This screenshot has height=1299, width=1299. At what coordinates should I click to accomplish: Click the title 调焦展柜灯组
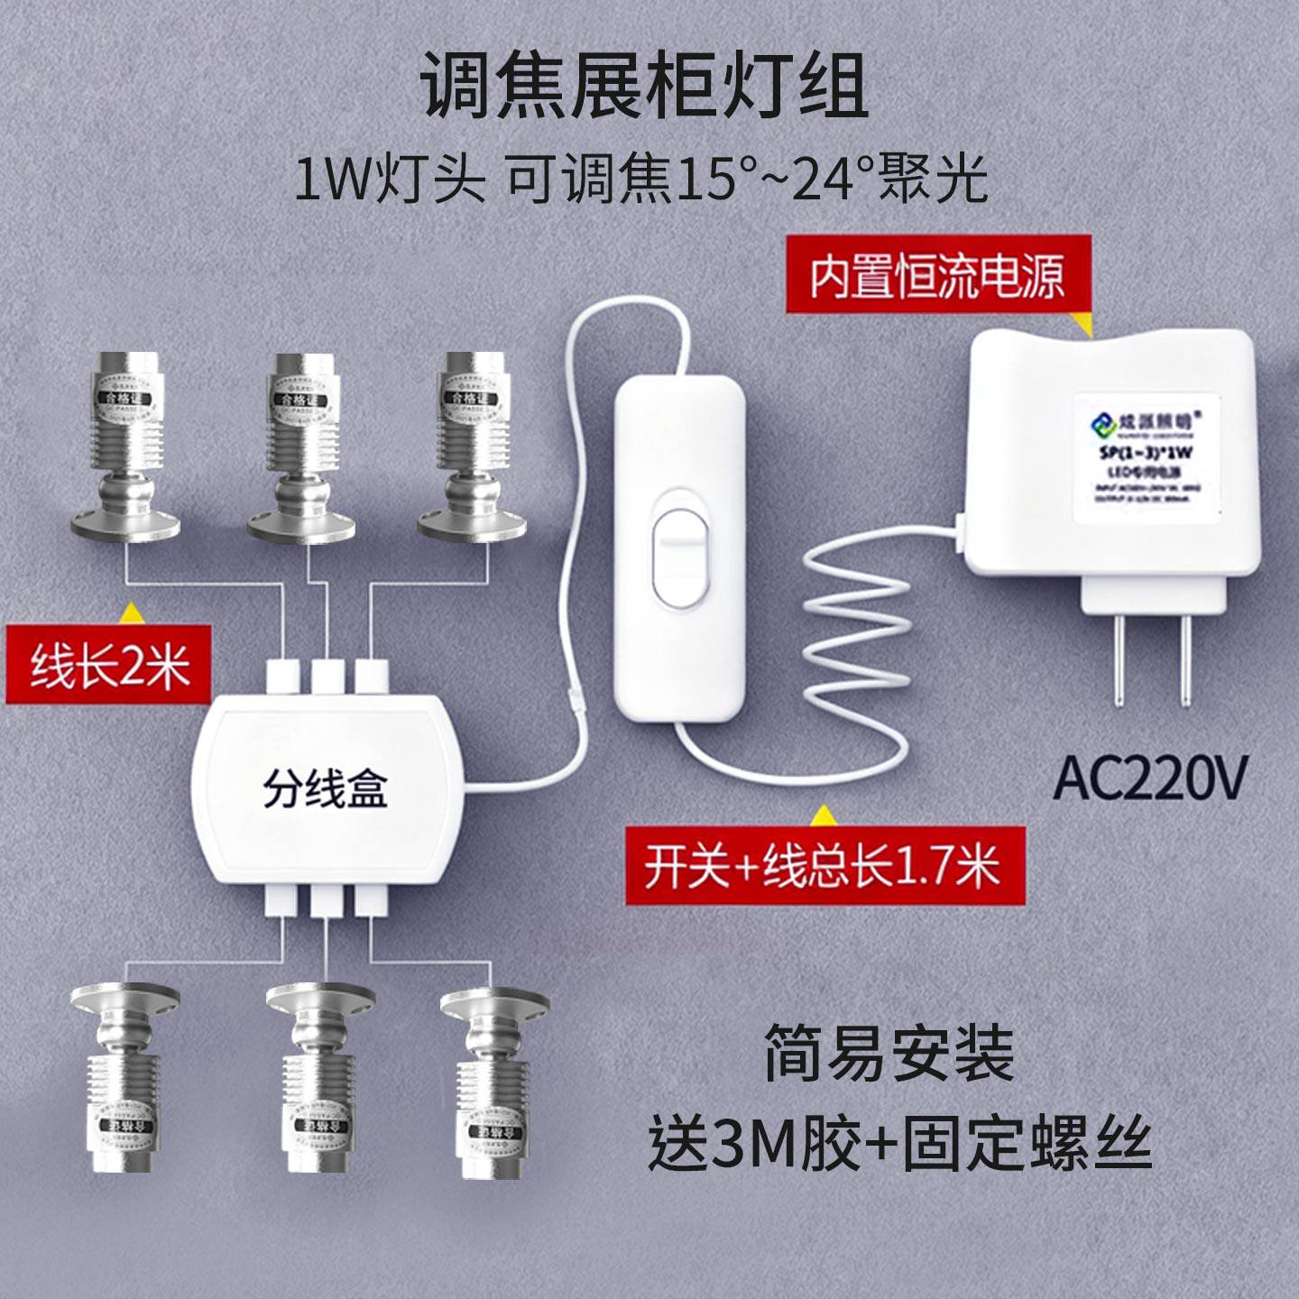(646, 88)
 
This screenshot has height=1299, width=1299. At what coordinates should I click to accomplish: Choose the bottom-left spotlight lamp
(124, 1077)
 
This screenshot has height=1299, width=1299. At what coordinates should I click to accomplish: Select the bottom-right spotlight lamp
(493, 1082)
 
